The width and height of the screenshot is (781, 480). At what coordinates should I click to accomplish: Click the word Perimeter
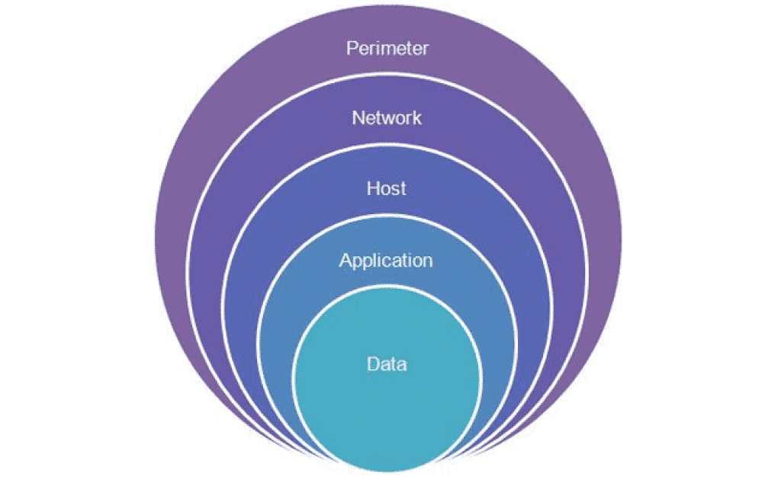(x=387, y=48)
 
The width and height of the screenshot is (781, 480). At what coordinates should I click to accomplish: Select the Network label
(x=387, y=118)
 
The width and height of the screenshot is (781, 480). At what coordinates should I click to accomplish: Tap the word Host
(x=387, y=188)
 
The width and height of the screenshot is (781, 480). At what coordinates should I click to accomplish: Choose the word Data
(x=387, y=364)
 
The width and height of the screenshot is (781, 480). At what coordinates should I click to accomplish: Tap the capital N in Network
(x=358, y=118)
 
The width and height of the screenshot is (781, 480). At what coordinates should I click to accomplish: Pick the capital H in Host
(x=372, y=188)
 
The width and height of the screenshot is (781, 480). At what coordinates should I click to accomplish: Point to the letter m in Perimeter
(x=390, y=50)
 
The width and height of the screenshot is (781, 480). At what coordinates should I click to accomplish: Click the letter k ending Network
(x=417, y=118)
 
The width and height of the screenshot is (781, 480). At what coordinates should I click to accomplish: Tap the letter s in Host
(x=396, y=190)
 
